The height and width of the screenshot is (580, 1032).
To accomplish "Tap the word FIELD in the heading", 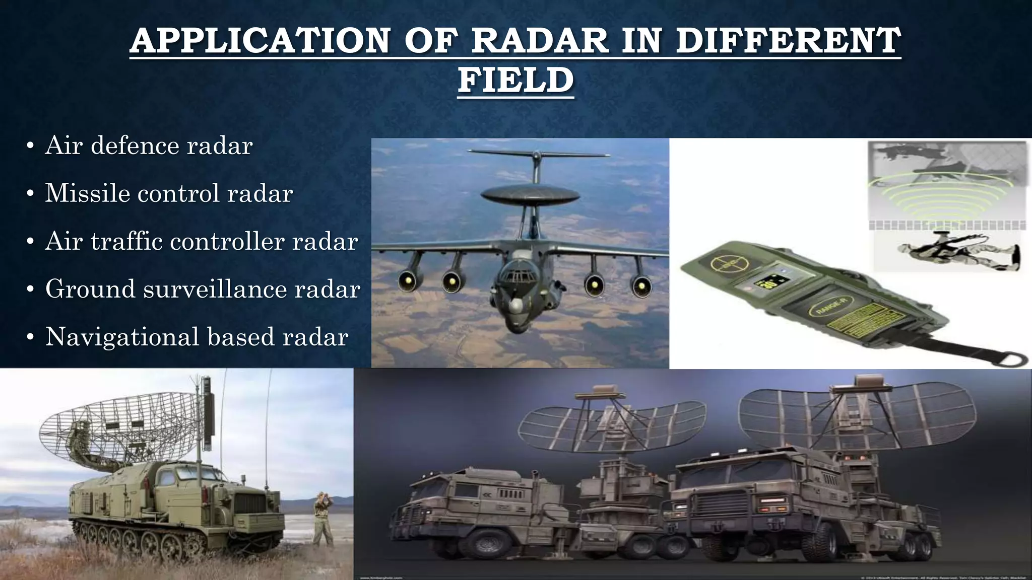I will (515, 81).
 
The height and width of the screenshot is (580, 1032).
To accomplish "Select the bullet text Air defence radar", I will (149, 146).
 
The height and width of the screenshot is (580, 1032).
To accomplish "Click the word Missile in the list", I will (87, 193).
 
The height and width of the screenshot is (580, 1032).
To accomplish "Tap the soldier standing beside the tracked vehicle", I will (322, 519).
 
